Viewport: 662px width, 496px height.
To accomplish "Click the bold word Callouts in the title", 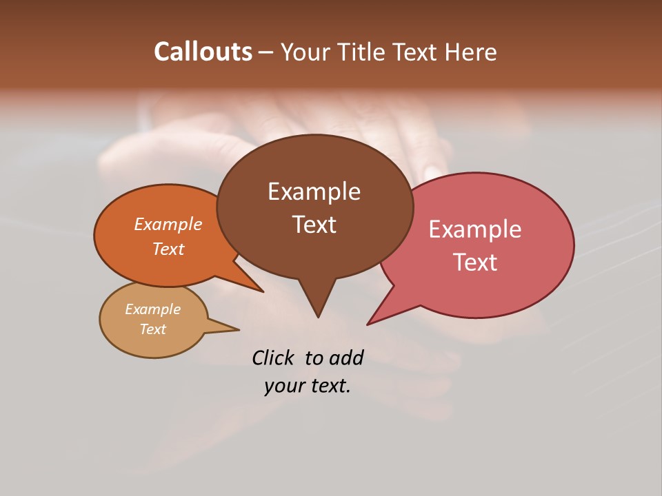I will [x=203, y=52].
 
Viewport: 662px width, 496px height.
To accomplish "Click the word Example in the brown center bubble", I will [x=314, y=192].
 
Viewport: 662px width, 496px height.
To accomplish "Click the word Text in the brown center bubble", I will [x=314, y=225].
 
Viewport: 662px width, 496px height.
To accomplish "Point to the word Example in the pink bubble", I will [x=475, y=229].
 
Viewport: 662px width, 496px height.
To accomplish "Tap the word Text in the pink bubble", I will [x=475, y=262].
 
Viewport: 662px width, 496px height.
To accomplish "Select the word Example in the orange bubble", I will [x=168, y=225].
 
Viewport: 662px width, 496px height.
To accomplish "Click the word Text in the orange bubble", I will [x=168, y=249].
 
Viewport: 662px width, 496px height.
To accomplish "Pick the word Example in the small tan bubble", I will [x=152, y=309].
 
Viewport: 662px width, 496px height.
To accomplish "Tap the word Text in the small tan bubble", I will [x=152, y=329].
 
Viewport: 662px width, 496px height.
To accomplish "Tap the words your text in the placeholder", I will [x=308, y=386].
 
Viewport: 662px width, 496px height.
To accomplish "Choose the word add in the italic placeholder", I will [x=346, y=358].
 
